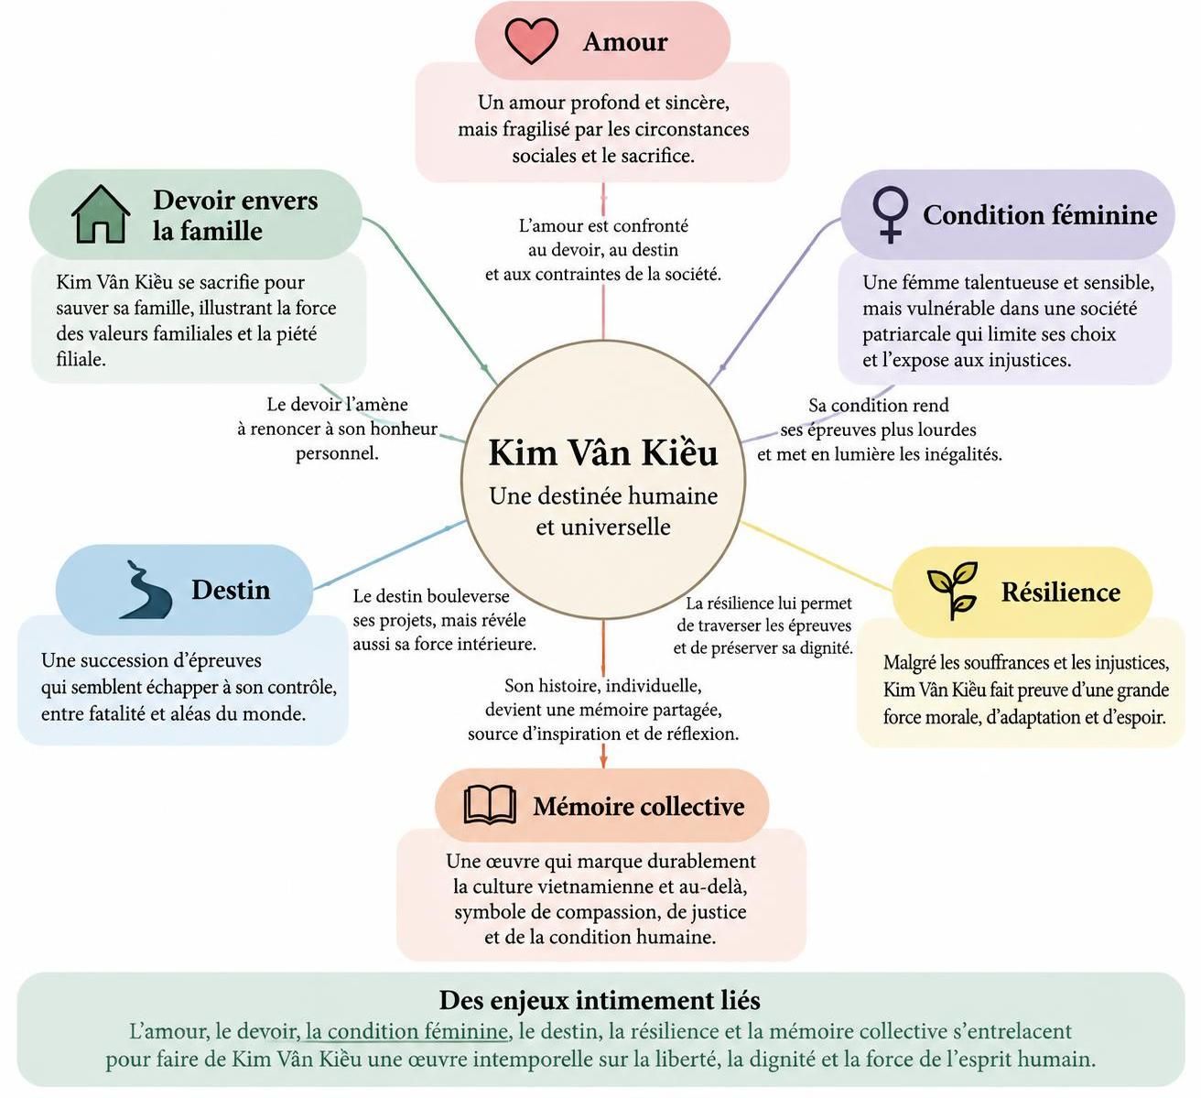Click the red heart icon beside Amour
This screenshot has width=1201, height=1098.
pos(531,40)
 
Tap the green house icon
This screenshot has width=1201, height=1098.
pos(101,214)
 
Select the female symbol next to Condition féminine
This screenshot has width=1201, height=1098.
pos(891,215)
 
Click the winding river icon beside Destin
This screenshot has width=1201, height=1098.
pos(146,590)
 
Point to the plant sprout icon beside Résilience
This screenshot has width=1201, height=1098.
pos(952,590)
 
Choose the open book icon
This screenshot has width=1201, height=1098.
pos(490,805)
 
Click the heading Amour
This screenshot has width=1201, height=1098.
pos(625,42)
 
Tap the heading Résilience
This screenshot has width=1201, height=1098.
pos(1060,592)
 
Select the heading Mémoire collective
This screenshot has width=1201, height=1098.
pos(639,806)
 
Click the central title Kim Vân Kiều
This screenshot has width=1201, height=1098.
pos(603,452)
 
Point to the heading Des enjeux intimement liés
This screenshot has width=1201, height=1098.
pos(600,1000)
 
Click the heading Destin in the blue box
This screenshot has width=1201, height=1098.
pos(231,590)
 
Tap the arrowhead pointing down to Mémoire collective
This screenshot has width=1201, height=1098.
pos(603,760)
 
